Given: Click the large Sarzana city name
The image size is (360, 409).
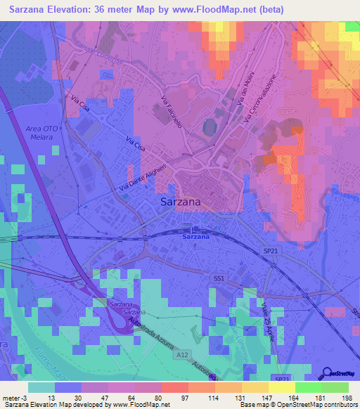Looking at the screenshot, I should point(176,202).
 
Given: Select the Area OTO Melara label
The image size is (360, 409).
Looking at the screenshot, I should point(41,134).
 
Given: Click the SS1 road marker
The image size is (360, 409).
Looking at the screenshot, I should point(219,279).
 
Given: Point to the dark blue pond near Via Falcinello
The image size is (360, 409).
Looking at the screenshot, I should point(209,128).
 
